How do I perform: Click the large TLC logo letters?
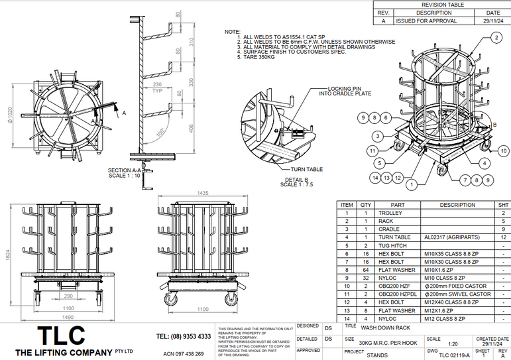pos(61,335)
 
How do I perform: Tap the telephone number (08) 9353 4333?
pos(183,337)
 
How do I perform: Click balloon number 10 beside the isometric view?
pos(505,151)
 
